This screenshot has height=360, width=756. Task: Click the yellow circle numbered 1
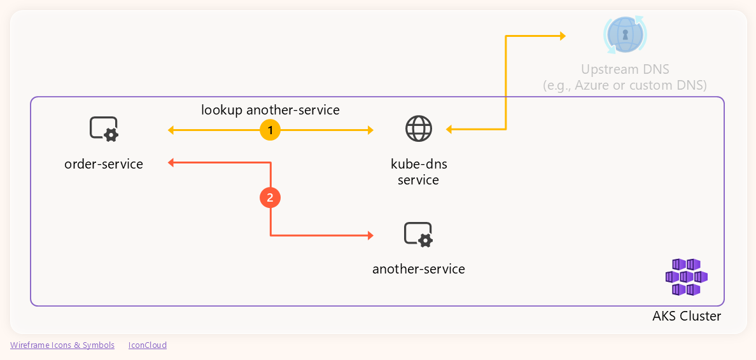pyautogui.click(x=270, y=130)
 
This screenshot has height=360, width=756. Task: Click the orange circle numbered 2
pyautogui.click(x=270, y=198)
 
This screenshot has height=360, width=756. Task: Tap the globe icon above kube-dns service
pyautogui.click(x=419, y=129)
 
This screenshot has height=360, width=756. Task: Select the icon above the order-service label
pyautogui.click(x=104, y=129)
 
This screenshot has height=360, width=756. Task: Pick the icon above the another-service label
pyautogui.click(x=419, y=235)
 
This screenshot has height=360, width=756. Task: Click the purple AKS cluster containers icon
pyautogui.click(x=686, y=277)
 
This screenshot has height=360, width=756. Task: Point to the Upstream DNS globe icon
pyautogui.click(x=625, y=35)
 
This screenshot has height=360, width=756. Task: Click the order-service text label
pyautogui.click(x=104, y=164)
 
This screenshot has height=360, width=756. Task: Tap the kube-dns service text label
pyautogui.click(x=419, y=172)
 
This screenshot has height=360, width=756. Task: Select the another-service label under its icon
pyautogui.click(x=419, y=269)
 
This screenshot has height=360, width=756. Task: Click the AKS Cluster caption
pyautogui.click(x=687, y=316)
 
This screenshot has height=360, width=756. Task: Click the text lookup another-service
pyautogui.click(x=270, y=110)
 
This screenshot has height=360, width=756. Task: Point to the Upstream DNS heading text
pyautogui.click(x=625, y=69)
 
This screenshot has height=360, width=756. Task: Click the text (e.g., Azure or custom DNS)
pyautogui.click(x=625, y=85)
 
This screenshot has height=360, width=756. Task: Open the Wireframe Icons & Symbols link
pyautogui.click(x=62, y=345)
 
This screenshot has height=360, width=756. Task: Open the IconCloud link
pyautogui.click(x=148, y=345)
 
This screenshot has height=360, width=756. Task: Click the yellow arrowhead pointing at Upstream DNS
pyautogui.click(x=562, y=36)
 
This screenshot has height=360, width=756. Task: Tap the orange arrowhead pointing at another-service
pyautogui.click(x=370, y=236)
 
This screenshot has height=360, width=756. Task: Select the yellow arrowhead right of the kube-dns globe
pyautogui.click(x=449, y=130)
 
